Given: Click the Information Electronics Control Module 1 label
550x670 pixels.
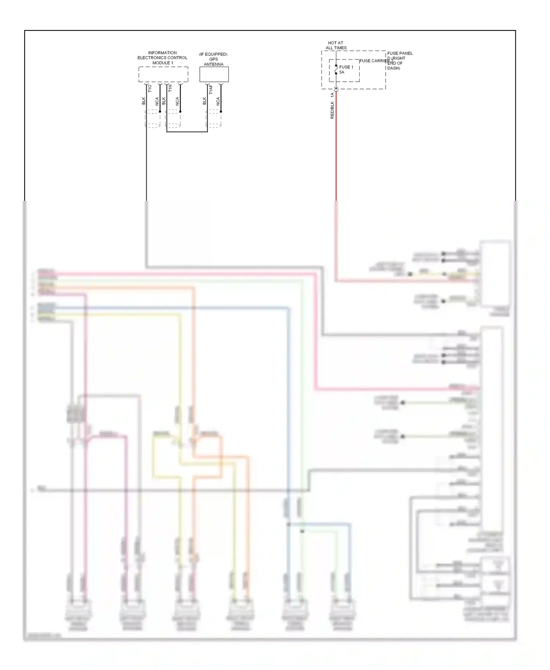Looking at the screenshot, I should point(162,58).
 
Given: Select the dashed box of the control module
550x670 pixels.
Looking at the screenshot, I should point(163,74).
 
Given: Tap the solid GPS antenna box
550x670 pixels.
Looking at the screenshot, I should point(214,74).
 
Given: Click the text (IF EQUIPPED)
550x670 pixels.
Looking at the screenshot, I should point(213,54).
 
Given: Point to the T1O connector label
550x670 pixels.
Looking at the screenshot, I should point(150,88).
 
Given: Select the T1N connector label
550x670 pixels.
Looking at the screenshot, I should point(170,88).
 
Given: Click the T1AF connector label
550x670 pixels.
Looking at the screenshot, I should point(211,90).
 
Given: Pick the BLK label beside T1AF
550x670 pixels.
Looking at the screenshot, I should point(205,101).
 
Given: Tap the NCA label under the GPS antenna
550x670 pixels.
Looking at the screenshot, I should point(218,101).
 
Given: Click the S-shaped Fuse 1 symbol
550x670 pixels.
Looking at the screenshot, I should point(336,70).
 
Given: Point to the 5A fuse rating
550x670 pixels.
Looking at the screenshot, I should point(342,72).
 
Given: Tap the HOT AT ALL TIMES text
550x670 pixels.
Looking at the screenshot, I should point(336,45).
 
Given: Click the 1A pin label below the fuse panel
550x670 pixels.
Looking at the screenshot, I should point(332,95).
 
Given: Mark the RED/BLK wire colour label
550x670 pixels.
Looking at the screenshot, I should point(332,110).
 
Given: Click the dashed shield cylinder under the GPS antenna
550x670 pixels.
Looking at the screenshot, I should point(214,118).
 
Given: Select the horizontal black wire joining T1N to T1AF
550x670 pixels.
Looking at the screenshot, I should point(187,132).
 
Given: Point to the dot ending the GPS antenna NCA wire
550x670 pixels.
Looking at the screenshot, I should point(221,111).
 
